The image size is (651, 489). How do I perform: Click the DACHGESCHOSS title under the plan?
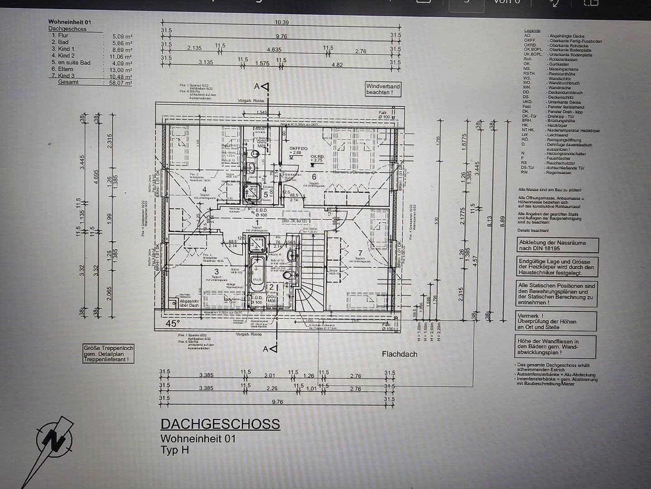click(220, 424)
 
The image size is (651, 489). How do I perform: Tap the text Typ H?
click(175, 450)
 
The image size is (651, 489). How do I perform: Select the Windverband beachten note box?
click(383, 89)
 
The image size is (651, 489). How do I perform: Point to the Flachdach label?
click(399, 354)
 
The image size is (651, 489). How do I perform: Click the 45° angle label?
click(173, 323)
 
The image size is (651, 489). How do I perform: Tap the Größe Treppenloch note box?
click(108, 354)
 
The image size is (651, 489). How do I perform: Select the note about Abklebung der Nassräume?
click(557, 245)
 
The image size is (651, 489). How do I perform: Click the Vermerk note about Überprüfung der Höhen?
click(556, 321)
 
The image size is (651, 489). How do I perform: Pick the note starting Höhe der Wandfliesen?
click(556, 347)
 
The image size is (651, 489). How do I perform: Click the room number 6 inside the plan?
click(314, 177)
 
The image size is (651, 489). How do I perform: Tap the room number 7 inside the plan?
click(360, 253)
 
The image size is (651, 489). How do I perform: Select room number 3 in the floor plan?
click(217, 272)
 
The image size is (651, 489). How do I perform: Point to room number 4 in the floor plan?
click(204, 190)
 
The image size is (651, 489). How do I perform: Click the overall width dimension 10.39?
click(282, 22)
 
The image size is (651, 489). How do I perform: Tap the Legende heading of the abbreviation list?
click(532, 31)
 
